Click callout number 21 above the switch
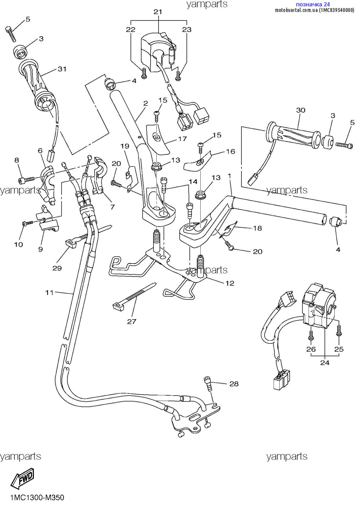(x=158, y=12)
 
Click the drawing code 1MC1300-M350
(x=37, y=498)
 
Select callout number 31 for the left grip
(x=62, y=69)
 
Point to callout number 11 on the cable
(x=50, y=292)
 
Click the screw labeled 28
(x=208, y=384)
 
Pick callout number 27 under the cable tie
(x=132, y=322)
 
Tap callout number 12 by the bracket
(x=230, y=283)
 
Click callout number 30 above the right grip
(x=301, y=110)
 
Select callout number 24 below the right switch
(x=325, y=363)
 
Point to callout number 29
(x=57, y=268)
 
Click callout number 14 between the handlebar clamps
(x=193, y=182)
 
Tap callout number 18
(x=257, y=228)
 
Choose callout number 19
(x=125, y=146)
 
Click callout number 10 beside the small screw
(x=18, y=245)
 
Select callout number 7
(x=112, y=207)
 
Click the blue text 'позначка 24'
(x=313, y=5)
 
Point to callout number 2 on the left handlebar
(x=145, y=103)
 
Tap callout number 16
(x=230, y=152)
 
